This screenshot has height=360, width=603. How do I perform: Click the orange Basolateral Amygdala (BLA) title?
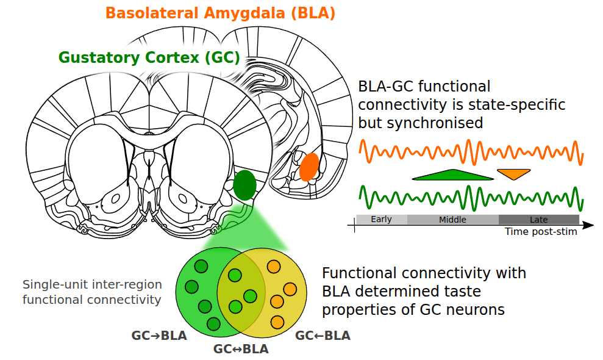point(220,13)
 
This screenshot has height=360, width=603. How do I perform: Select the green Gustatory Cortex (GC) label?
point(149,57)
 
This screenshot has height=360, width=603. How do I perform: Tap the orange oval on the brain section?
point(309,167)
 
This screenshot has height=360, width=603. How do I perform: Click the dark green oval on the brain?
point(244,186)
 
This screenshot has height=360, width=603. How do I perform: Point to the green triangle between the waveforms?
point(453,176)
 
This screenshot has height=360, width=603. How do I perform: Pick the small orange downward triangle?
point(513,174)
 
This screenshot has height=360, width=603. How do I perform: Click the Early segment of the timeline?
point(382,220)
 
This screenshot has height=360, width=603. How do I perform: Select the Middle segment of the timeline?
point(452,220)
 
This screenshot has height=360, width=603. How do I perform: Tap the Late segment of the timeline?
point(538,220)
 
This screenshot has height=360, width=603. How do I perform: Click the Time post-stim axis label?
point(541,232)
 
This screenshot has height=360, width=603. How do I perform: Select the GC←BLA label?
point(323,336)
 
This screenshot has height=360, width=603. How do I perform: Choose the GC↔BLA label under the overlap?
point(241,350)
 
